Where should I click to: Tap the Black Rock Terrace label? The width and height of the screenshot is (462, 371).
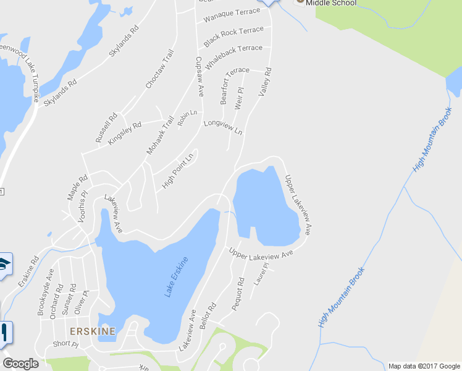pos(233,36)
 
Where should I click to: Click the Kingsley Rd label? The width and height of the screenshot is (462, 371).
pos(124,133)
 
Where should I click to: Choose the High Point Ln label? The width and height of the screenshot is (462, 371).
pos(178,171)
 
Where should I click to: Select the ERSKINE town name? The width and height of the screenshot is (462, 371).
pos(93,331)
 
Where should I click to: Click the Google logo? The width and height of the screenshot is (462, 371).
pos(20,364)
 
